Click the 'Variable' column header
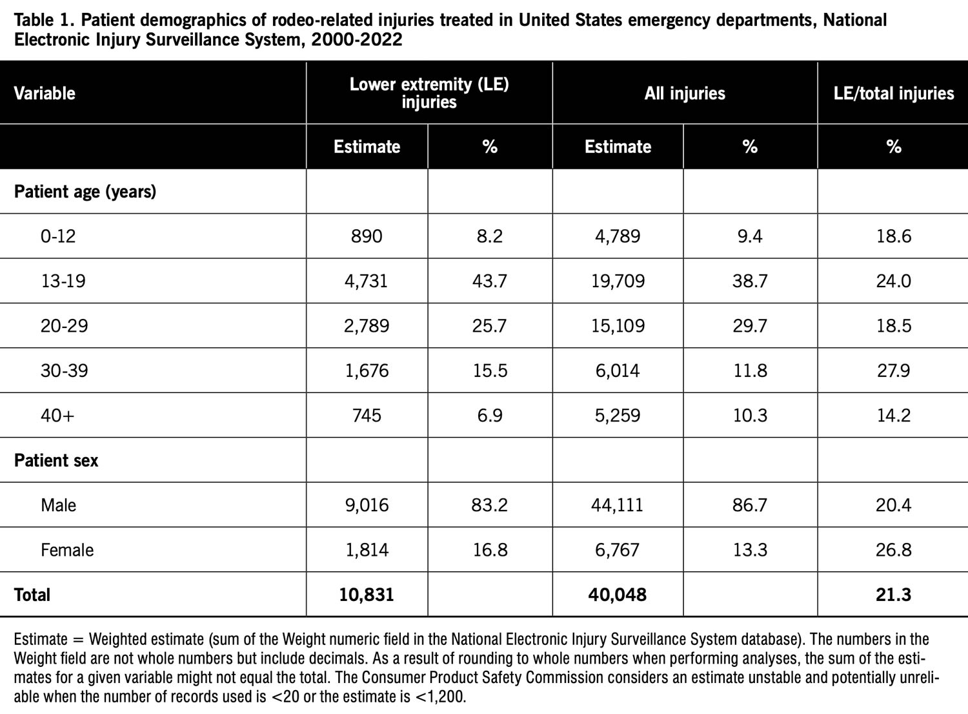pyautogui.click(x=45, y=94)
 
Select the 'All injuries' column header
pyautogui.click(x=685, y=94)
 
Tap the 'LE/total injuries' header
pyautogui.click(x=893, y=94)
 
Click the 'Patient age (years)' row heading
pyautogui.click(x=85, y=192)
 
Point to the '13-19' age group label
pyautogui.click(x=63, y=281)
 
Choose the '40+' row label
pyautogui.click(x=57, y=415)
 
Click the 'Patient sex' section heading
pyautogui.click(x=56, y=460)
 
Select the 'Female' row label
pyautogui.click(x=67, y=550)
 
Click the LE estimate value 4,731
pyautogui.click(x=367, y=281)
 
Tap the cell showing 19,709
pyautogui.click(x=618, y=281)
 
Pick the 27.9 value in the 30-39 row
pyautogui.click(x=893, y=371)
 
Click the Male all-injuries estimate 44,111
pyautogui.click(x=617, y=505)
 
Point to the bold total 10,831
pyautogui.click(x=367, y=595)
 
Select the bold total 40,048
pyautogui.click(x=617, y=595)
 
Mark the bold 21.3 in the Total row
pyautogui.click(x=893, y=595)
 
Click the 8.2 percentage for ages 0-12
pyautogui.click(x=490, y=236)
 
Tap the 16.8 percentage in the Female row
pyautogui.click(x=490, y=550)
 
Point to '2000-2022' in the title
pyautogui.click(x=356, y=39)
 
